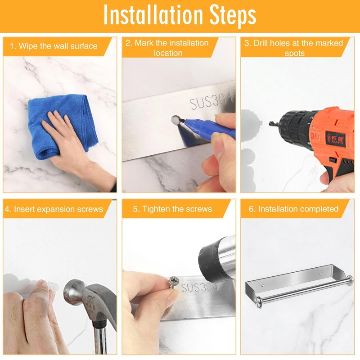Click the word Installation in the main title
(x=153, y=15)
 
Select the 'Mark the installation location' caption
(x=167, y=48)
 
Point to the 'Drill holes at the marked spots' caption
(x=294, y=48)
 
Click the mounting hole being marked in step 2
(x=175, y=120)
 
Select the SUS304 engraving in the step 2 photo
(x=211, y=100)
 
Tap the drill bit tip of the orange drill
(x=270, y=124)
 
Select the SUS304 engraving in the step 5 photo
(x=200, y=288)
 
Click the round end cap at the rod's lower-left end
(x=258, y=300)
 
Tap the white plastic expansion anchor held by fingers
(x=52, y=286)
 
